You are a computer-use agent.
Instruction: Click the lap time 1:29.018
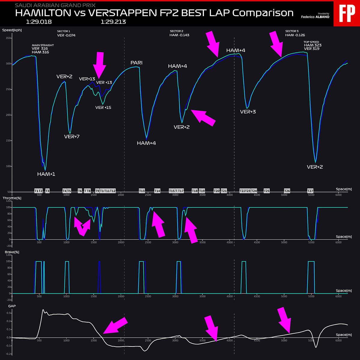click(x=39, y=22)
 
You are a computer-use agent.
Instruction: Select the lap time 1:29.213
click(x=113, y=22)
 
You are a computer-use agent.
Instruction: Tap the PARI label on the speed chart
click(x=136, y=63)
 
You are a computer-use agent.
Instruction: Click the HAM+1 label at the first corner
click(x=46, y=174)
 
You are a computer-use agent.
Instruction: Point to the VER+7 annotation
click(x=72, y=137)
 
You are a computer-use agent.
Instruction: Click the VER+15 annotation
click(x=103, y=107)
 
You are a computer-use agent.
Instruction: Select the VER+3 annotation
click(x=248, y=112)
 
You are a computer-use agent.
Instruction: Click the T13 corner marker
click(x=142, y=191)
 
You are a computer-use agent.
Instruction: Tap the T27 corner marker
click(x=310, y=191)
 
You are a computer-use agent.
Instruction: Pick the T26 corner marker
click(x=287, y=191)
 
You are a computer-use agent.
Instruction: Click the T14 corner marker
click(x=157, y=191)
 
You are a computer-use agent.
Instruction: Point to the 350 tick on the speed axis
click(x=8, y=38)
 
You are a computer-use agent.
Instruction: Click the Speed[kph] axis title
click(x=12, y=30)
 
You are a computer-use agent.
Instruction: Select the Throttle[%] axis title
click(x=12, y=198)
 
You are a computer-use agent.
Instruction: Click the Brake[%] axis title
click(x=11, y=252)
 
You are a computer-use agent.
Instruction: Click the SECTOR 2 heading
click(x=176, y=31)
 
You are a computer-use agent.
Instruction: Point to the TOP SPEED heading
click(x=311, y=42)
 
